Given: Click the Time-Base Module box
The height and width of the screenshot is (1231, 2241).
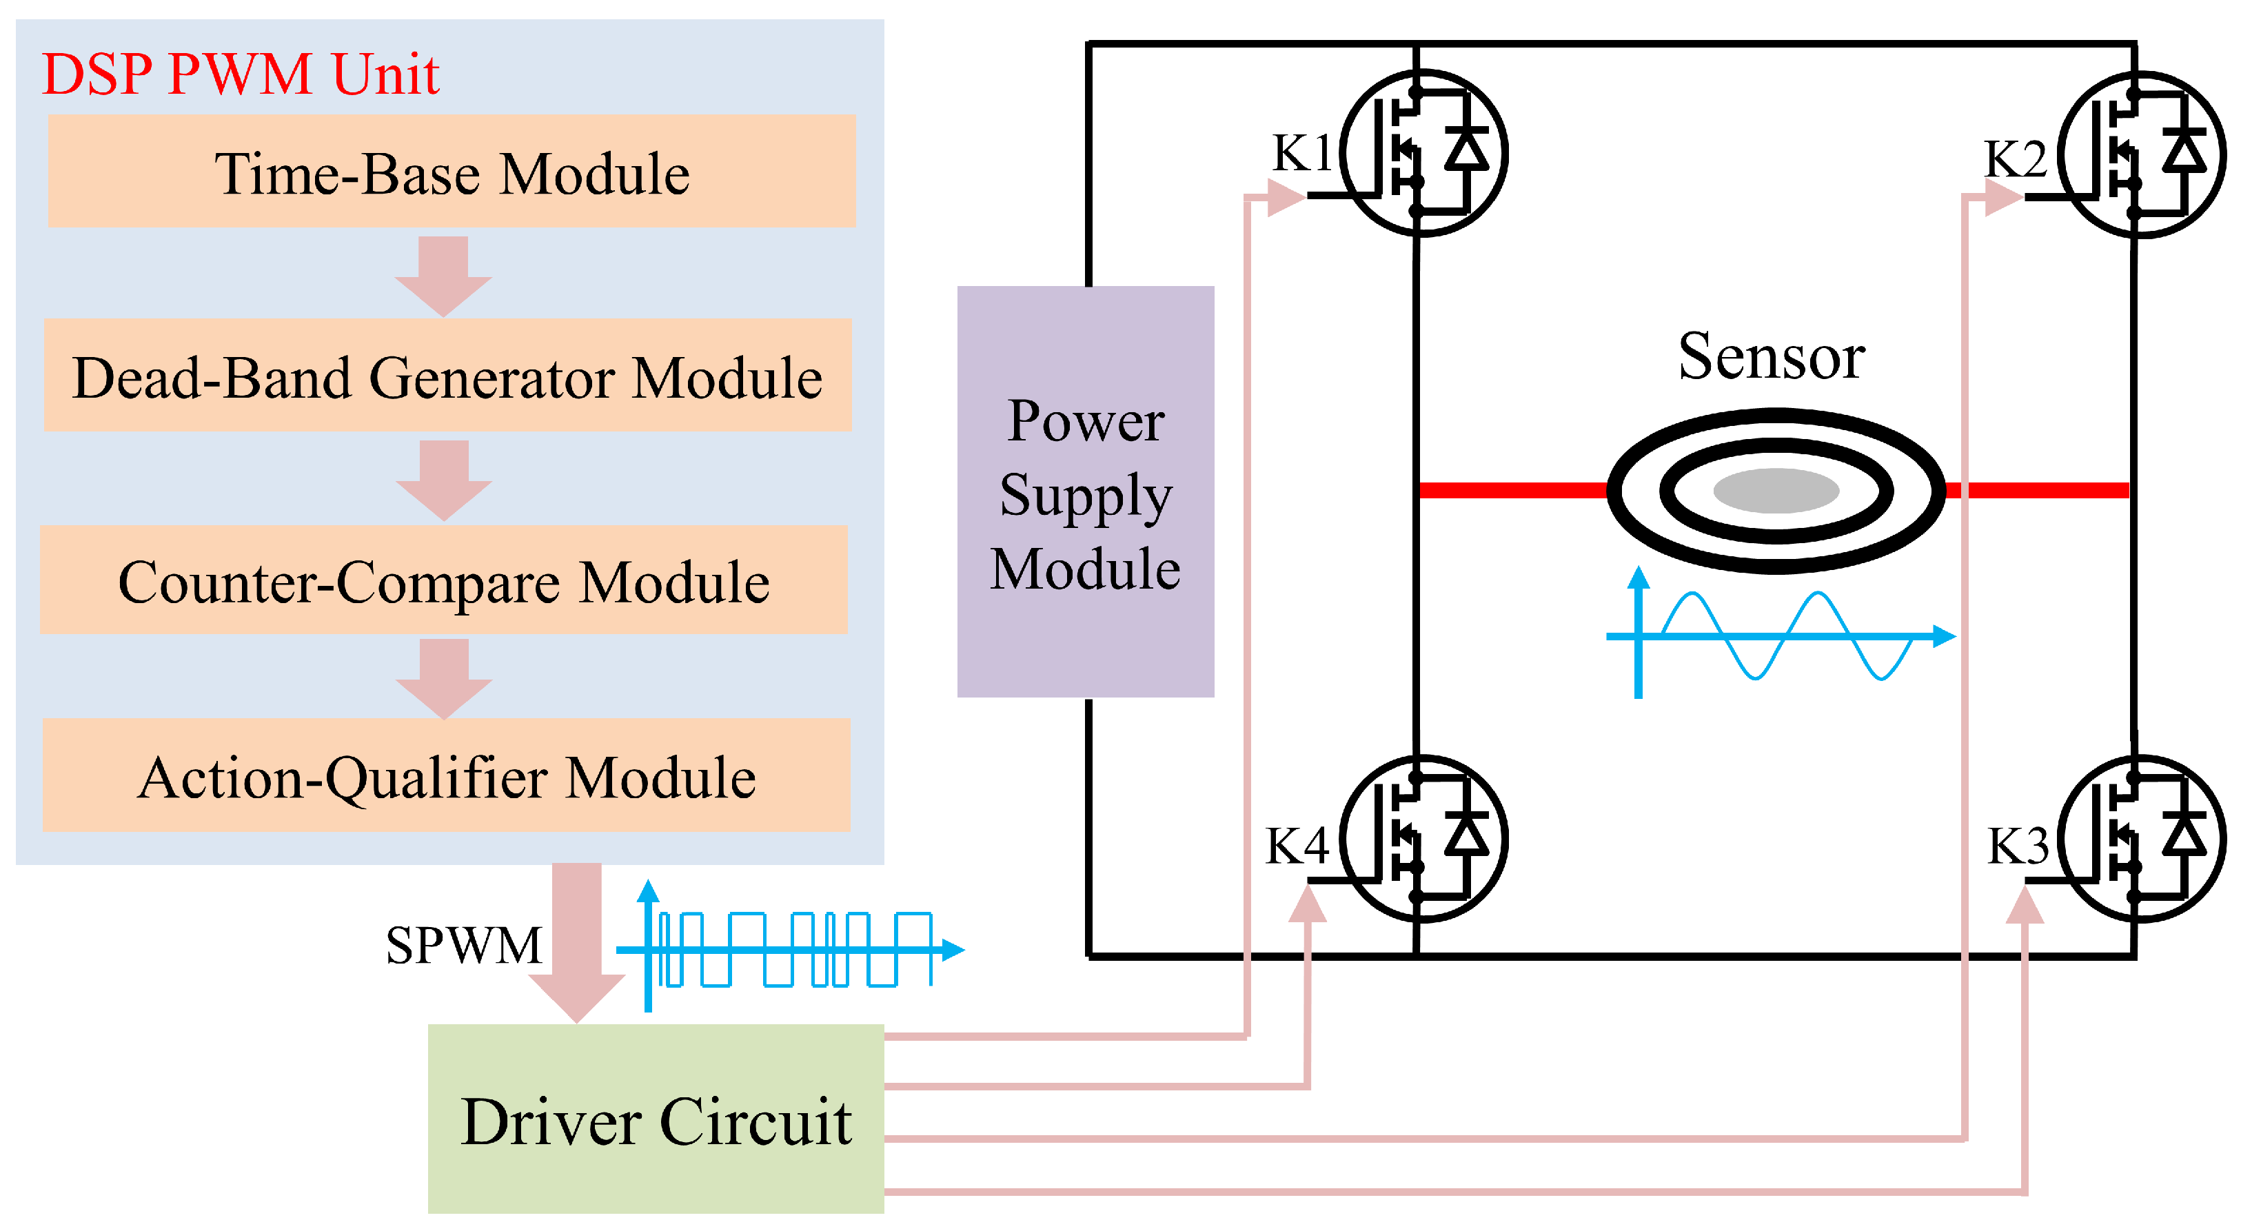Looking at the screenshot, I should coord(452,172).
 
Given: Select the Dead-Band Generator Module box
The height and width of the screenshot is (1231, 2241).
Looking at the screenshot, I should coord(447,375).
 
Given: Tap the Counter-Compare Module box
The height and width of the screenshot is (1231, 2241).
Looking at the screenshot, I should coord(444,580).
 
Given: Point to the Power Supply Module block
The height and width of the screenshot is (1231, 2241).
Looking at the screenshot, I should coord(1085,492).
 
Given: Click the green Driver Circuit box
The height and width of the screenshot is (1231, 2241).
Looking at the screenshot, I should coord(656,1119).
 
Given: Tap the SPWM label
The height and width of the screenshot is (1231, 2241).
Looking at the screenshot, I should coord(464,945).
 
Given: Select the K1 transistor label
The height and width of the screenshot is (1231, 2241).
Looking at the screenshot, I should coord(1301,153).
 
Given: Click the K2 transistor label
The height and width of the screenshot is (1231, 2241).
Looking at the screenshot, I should coord(2015,159).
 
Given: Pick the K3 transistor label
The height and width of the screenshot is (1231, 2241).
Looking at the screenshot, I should coord(2018,845).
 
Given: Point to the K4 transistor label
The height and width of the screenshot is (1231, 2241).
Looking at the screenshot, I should coord(1296,845).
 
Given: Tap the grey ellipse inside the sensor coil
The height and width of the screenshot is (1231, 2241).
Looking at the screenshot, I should coord(1775,491).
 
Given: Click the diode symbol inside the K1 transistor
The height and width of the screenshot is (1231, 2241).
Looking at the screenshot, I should coord(1467,150).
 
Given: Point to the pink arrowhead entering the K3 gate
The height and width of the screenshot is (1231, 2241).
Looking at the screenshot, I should coord(2025,906).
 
